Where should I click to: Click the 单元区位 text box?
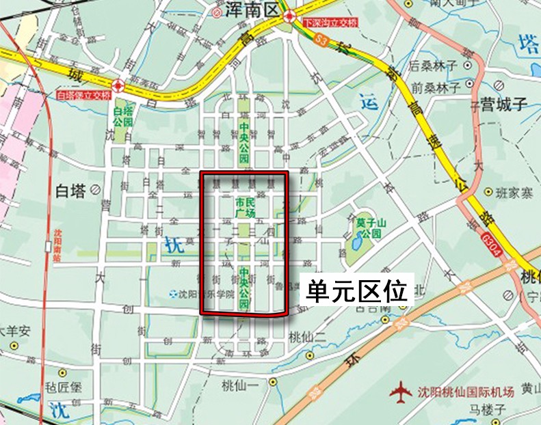pos(356,290)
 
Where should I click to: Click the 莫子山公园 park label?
pos(372,227)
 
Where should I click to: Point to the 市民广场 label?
pos(245,208)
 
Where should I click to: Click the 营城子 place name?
pos(501,105)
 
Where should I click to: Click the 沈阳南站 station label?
pos(57,246)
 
